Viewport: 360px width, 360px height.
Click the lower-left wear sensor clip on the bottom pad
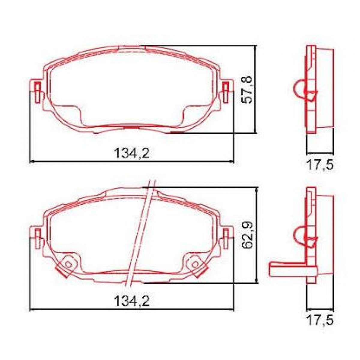click(x=67, y=266)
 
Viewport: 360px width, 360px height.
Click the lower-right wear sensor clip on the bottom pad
click(x=196, y=266)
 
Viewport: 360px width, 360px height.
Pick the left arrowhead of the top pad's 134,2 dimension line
click(x=32, y=162)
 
